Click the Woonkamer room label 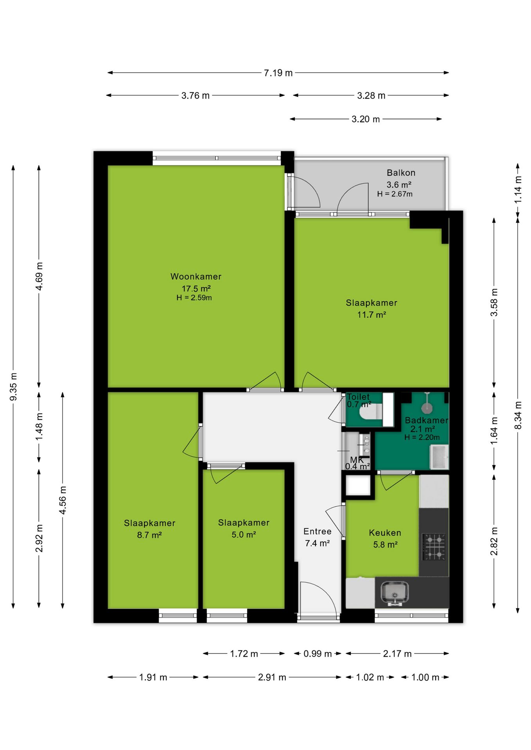click(x=196, y=277)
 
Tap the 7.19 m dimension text click(x=278, y=73)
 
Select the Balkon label click(x=401, y=173)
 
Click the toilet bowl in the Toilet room click(x=371, y=412)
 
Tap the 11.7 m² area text click(x=371, y=315)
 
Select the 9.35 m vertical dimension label click(x=13, y=386)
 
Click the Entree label click(x=317, y=531)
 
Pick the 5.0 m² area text click(x=244, y=534)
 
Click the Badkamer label click(x=426, y=420)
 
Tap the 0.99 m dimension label click(x=318, y=654)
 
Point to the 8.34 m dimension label click(x=518, y=415)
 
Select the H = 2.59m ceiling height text click(x=194, y=298)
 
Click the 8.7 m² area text click(x=149, y=535)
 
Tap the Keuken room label click(x=385, y=533)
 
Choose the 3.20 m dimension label click(x=366, y=119)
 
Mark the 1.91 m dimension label click(x=153, y=677)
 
